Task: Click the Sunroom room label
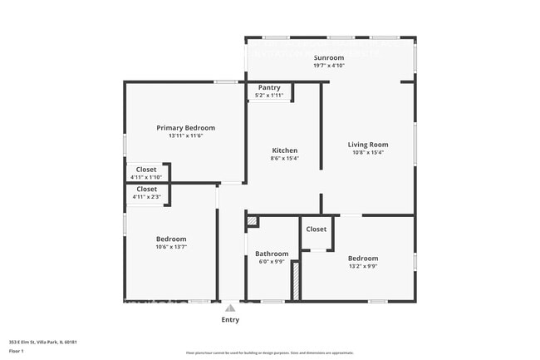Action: coord(328,57)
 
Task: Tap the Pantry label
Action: coord(269,87)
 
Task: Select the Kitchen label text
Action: coord(284,150)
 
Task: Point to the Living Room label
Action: coord(367,145)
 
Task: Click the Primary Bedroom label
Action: coord(186,128)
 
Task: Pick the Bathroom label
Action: coord(272,254)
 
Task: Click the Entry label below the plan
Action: coord(230,319)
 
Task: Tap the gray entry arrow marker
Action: coord(230,308)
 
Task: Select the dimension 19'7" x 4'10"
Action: coord(328,66)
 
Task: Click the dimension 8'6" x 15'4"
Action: coord(284,159)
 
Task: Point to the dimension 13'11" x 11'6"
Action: coord(186,136)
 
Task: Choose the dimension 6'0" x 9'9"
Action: coord(272,262)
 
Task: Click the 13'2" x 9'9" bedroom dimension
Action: coord(362,266)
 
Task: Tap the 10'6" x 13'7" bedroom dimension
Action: coord(171,246)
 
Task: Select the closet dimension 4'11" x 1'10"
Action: coord(146,177)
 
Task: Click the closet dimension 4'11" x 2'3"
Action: coord(146,197)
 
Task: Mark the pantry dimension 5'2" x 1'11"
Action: coord(269,96)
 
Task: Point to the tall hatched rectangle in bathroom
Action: coord(294,280)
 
